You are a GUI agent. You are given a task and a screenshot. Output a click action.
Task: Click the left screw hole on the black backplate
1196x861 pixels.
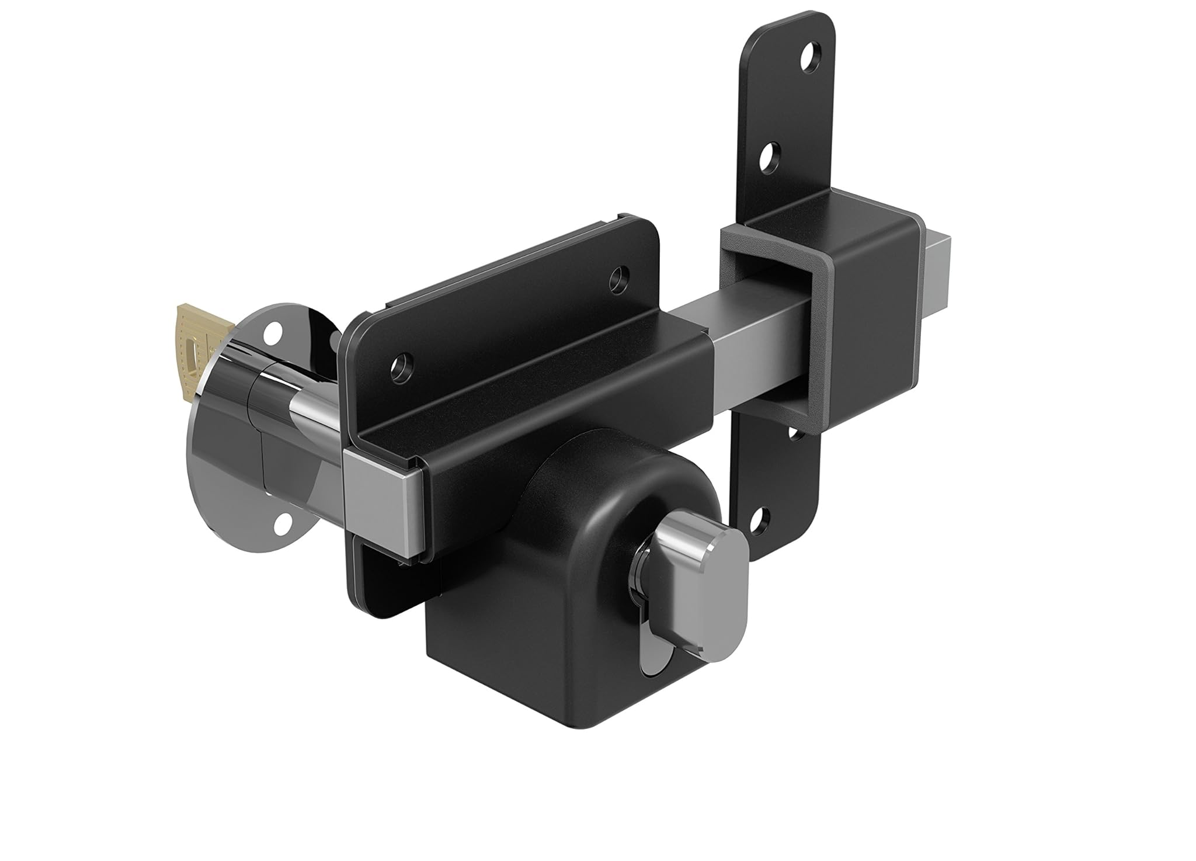click(401, 365)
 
